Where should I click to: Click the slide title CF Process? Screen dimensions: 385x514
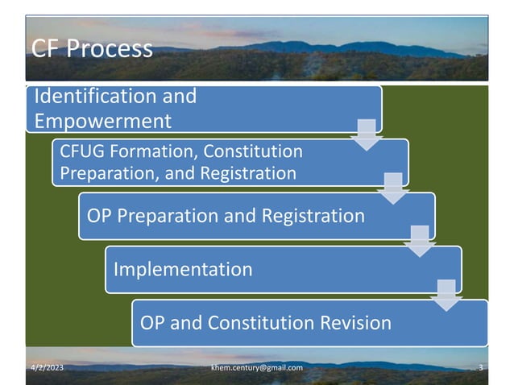tap(91, 48)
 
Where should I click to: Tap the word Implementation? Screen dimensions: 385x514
tap(183, 268)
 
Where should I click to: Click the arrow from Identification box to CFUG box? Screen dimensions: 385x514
tap(366, 133)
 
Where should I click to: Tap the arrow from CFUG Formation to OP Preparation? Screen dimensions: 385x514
tap(392, 187)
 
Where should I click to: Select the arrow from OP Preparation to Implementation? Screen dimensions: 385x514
tap(419, 241)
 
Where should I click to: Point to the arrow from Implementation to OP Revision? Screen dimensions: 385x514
tap(446, 295)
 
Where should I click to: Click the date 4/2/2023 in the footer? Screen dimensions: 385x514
tap(47, 368)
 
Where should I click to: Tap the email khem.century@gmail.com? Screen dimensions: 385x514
tap(257, 368)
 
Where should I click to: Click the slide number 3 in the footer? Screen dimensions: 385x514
tap(480, 368)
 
